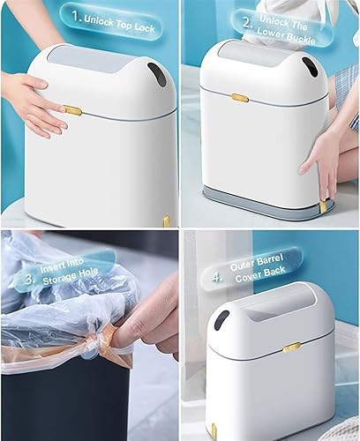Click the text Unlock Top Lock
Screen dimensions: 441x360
(x=120, y=19)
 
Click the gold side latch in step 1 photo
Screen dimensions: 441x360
(x=74, y=110)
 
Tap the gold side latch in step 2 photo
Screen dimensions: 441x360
(x=238, y=98)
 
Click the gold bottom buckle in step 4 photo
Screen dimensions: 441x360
(x=214, y=431)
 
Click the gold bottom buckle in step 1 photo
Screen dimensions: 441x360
(x=166, y=220)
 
